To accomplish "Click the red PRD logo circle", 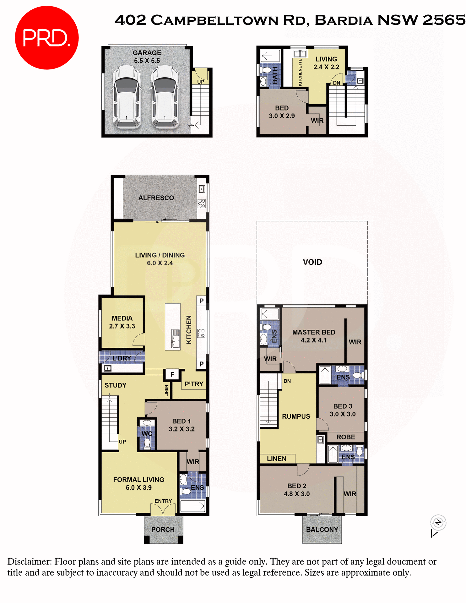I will (46, 38).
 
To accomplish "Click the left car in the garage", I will (127, 96).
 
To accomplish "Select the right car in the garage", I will (165, 96).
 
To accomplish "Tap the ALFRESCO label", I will (156, 198).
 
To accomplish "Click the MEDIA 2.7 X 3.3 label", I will (122, 322).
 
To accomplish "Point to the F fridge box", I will (172, 374).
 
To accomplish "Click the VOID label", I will (312, 262).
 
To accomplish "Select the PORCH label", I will (163, 530).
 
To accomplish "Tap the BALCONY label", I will (322, 530).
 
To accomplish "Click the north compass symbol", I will (438, 523).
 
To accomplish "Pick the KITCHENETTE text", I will (300, 72).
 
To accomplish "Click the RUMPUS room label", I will (296, 416).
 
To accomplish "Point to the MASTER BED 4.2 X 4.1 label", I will (313, 336).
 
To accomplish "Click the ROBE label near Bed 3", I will (346, 437).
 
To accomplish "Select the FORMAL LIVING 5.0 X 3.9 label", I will (138, 484).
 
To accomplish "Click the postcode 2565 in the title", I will (443, 20).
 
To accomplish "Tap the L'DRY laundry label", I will (122, 358).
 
